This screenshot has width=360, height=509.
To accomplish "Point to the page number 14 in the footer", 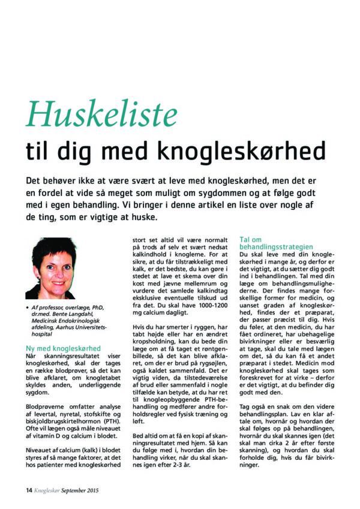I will [x=29, y=490].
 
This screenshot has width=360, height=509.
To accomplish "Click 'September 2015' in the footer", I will [x=79, y=490].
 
